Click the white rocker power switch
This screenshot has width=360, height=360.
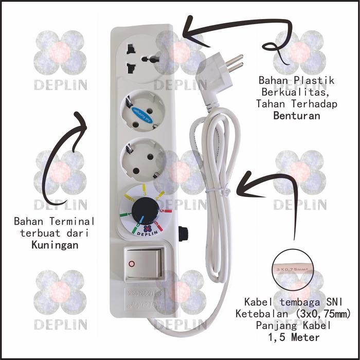(145, 263)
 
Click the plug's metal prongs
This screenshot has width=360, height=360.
(235, 64)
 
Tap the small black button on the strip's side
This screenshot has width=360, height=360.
(183, 233)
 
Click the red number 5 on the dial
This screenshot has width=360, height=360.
(162, 210)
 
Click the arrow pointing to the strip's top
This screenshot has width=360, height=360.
(226, 32)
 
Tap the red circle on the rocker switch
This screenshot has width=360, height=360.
(132, 263)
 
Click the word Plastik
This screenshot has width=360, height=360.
(315, 81)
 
